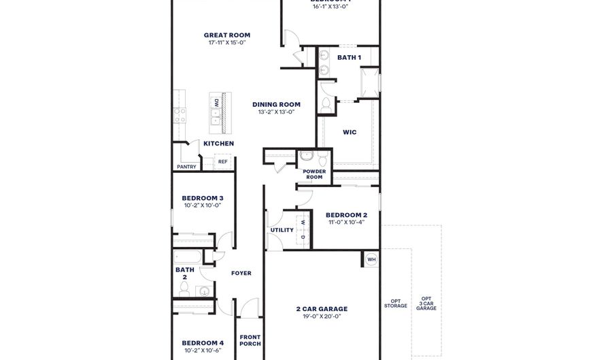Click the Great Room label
[226, 35]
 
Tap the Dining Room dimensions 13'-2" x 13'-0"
[276, 112]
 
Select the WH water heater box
[371, 259]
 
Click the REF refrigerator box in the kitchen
[222, 162]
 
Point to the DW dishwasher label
[216, 103]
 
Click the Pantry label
[186, 167]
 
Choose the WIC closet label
[350, 132]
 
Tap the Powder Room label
[313, 174]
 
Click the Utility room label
[282, 230]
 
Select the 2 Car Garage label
[318, 308]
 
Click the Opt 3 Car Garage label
[426, 304]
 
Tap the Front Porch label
[250, 340]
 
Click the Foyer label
[241, 273]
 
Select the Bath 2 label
[185, 273]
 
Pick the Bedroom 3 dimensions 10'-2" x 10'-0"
[202, 205]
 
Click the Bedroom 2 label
[346, 214]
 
